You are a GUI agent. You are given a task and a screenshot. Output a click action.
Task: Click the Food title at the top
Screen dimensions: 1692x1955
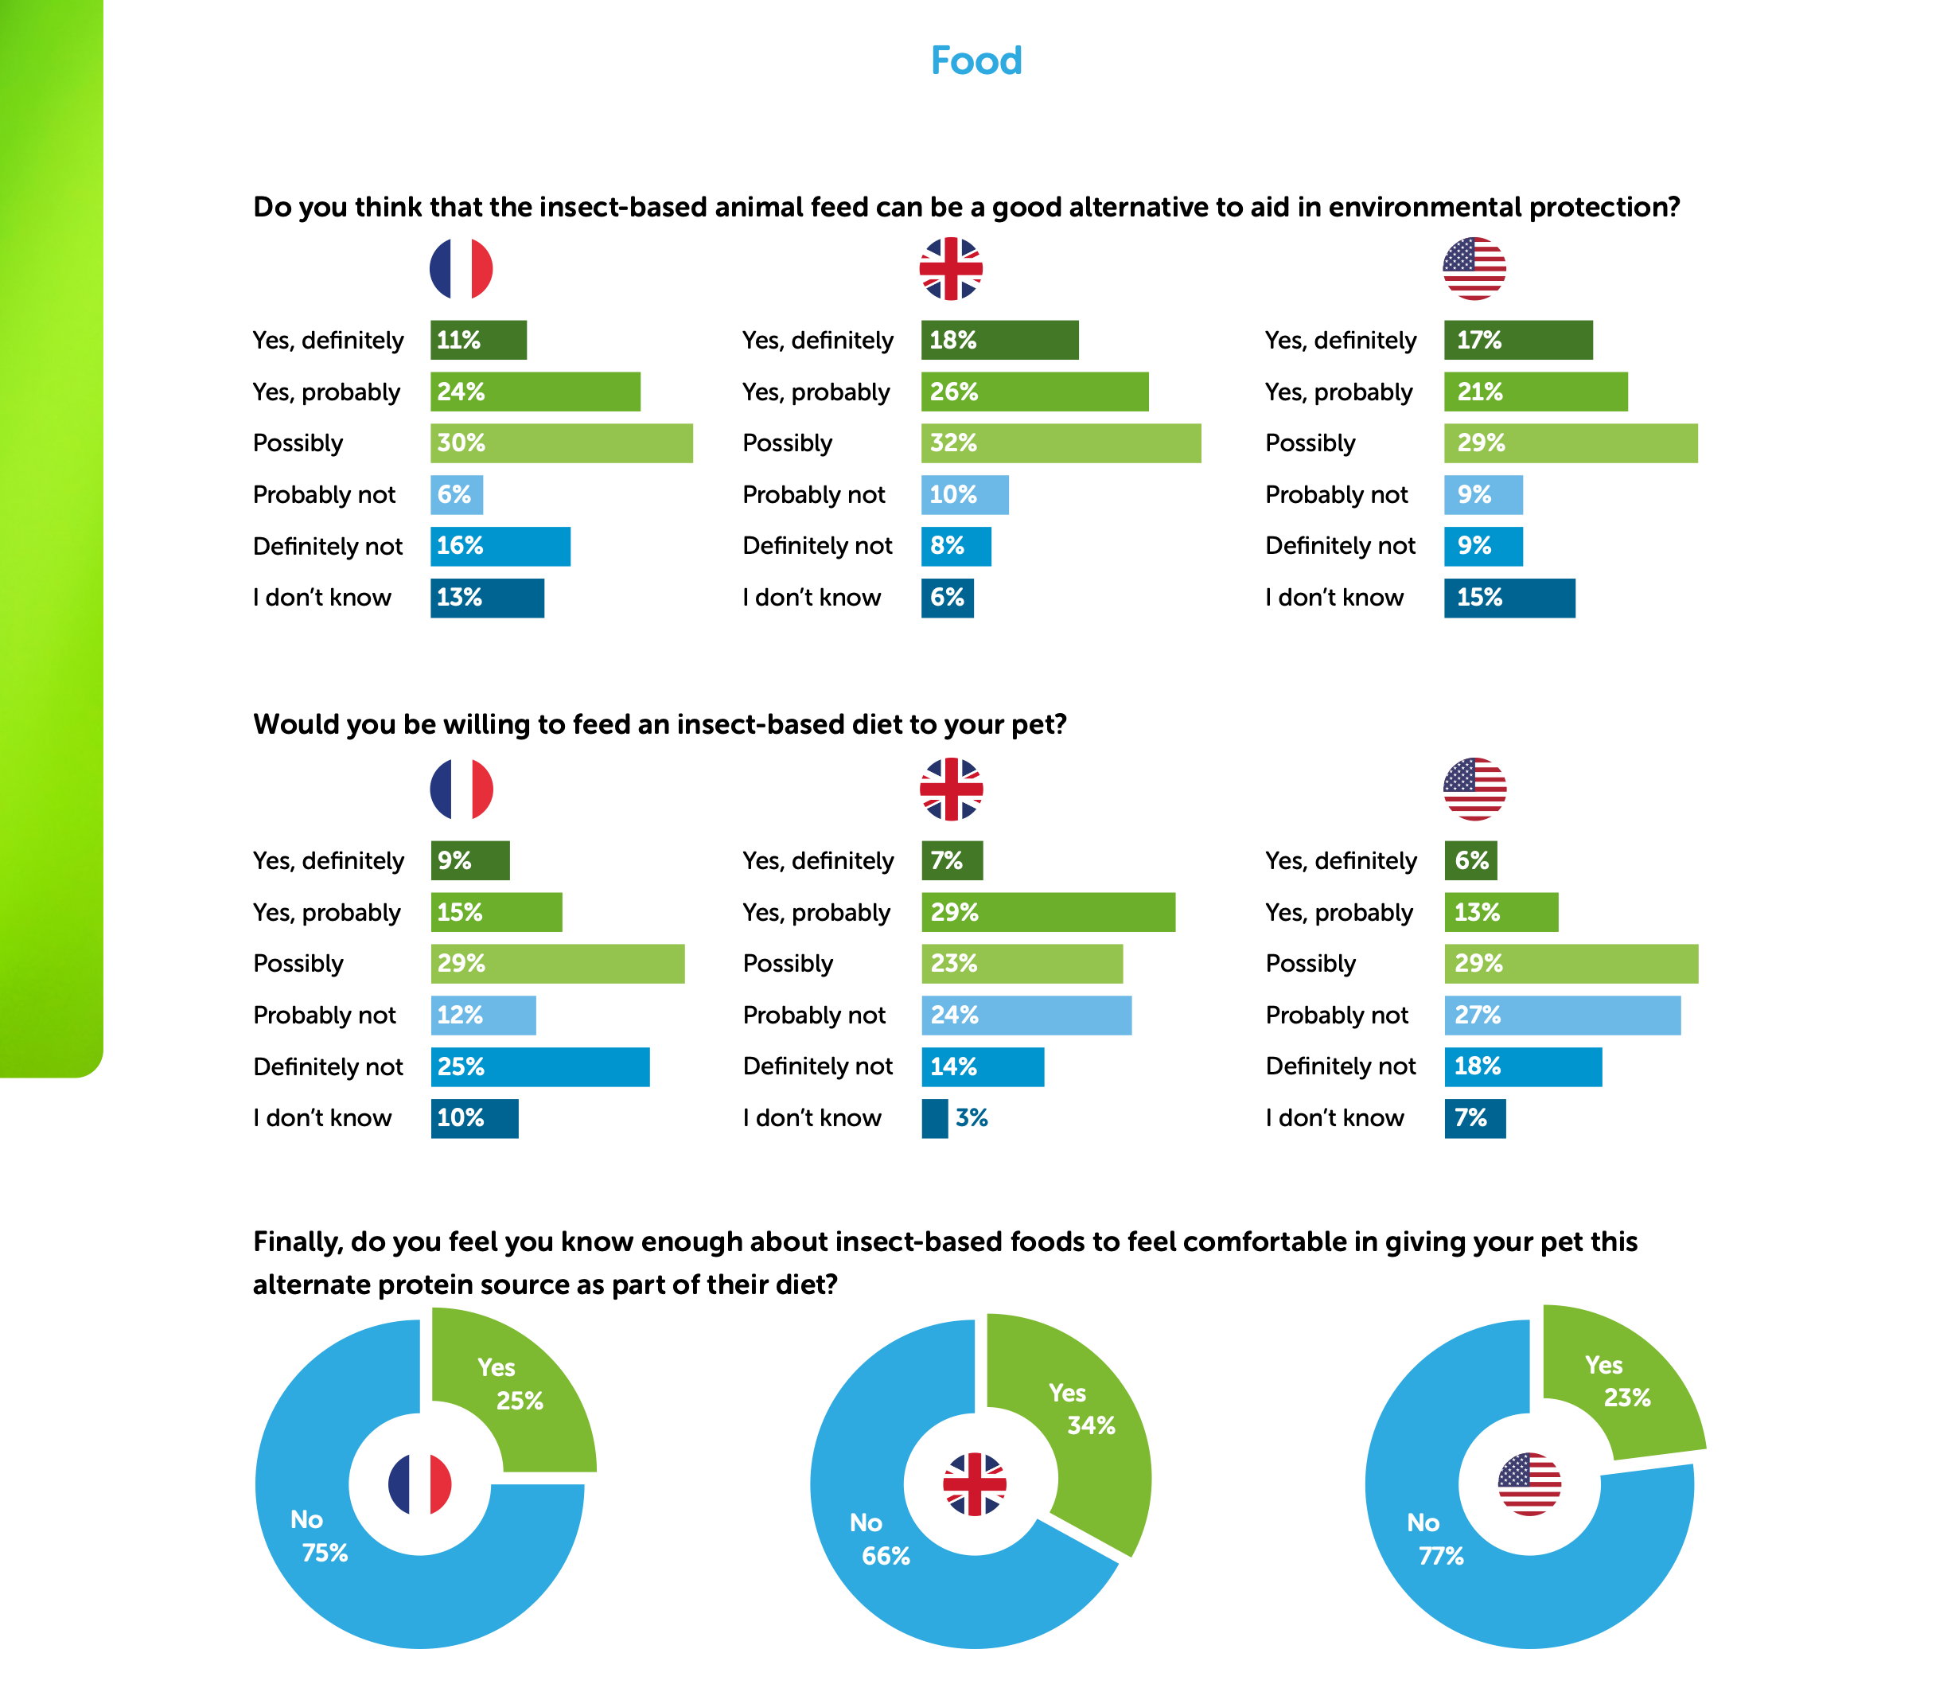(976, 61)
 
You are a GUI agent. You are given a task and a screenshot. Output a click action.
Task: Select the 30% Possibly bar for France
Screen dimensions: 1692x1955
(561, 442)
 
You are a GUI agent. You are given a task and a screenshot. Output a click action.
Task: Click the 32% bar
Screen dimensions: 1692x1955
(1060, 442)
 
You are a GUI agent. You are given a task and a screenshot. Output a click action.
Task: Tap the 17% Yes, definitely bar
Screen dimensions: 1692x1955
(1517, 340)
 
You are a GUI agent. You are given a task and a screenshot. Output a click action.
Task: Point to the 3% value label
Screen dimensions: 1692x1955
(971, 1118)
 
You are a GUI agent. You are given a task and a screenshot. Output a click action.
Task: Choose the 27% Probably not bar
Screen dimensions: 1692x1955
(1561, 1015)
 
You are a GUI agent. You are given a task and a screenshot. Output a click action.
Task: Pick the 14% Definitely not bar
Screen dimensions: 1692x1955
(982, 1067)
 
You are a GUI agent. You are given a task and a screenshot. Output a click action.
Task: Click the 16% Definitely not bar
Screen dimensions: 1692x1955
(500, 546)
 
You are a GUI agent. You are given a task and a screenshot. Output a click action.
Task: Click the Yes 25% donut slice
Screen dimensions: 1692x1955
(515, 1388)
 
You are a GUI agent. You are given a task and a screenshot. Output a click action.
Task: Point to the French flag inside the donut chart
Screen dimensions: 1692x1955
(420, 1484)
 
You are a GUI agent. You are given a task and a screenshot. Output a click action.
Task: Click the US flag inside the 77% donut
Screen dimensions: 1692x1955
(1529, 1484)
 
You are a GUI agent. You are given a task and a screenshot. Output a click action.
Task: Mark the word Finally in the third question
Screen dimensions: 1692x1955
(297, 1242)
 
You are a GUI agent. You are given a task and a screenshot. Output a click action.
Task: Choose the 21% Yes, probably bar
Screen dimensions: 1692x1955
(1535, 392)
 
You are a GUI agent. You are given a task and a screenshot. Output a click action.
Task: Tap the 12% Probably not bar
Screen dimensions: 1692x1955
(482, 1015)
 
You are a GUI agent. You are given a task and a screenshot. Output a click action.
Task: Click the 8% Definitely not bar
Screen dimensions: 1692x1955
(956, 546)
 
